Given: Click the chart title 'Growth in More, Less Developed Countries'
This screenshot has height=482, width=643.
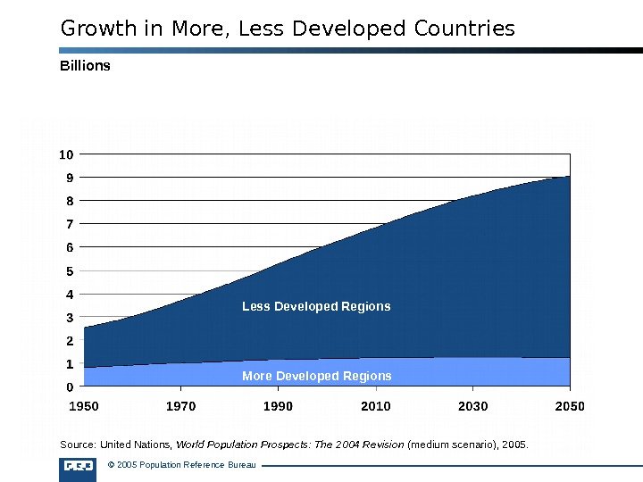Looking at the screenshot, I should [288, 29].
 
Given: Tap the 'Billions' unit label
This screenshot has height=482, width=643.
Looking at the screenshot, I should [85, 65].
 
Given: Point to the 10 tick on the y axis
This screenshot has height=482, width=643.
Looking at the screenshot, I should [66, 154].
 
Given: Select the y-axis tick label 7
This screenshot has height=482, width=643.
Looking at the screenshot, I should [69, 224].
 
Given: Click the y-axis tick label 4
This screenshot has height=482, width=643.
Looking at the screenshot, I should [69, 294].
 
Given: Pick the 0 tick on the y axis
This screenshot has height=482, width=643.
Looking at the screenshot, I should [69, 387].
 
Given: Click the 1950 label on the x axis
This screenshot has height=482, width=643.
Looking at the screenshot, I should [84, 407].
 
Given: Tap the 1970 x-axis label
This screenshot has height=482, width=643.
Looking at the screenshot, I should [181, 407].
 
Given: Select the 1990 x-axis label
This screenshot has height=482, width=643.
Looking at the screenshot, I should [279, 407].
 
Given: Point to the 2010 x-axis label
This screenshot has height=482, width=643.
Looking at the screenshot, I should [376, 407].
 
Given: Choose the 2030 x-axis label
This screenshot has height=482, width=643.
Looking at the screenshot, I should [473, 407].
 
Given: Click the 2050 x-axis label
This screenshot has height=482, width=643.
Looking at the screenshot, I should [570, 407].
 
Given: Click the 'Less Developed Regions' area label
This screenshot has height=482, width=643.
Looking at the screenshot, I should [316, 306].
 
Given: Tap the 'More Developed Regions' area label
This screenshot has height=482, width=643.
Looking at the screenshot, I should [316, 376].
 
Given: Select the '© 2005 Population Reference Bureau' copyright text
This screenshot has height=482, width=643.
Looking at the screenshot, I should [180, 465].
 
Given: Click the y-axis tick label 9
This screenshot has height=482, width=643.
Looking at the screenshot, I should [69, 178].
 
